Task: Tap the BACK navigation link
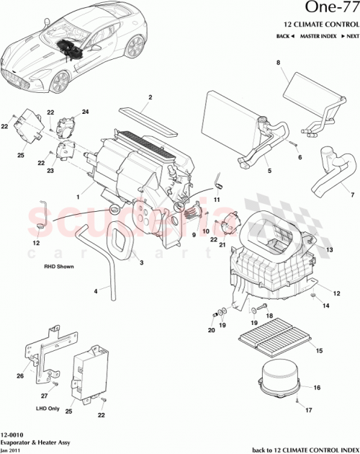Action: pos(284,36)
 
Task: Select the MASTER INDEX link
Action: pos(319,36)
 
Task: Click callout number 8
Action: pos(277,64)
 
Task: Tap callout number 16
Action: pos(316,388)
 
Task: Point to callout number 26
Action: pos(20,375)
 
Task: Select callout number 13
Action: pos(330,249)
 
